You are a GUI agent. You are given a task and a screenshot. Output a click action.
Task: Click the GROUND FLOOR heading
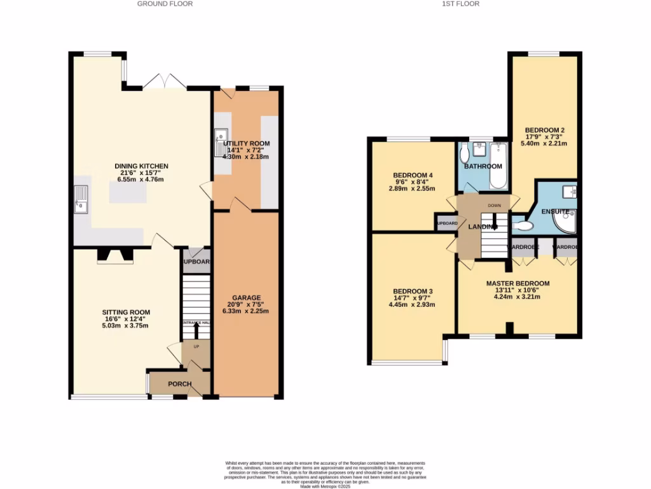(165, 4)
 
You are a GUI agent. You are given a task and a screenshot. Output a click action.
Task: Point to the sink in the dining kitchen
(81, 198)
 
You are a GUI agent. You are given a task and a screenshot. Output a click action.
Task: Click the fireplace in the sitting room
(115, 255)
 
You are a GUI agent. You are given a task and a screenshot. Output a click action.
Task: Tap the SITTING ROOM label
(126, 312)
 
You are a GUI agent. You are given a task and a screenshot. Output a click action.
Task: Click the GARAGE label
(246, 298)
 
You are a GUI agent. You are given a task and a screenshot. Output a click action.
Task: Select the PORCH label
(180, 384)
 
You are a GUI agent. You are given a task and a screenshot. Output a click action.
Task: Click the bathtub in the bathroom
(498, 166)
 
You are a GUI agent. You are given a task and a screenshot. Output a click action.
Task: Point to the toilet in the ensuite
(521, 225)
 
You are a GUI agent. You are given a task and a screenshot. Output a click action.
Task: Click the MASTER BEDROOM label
(517, 283)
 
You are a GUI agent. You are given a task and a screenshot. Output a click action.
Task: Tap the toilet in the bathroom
(465, 154)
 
